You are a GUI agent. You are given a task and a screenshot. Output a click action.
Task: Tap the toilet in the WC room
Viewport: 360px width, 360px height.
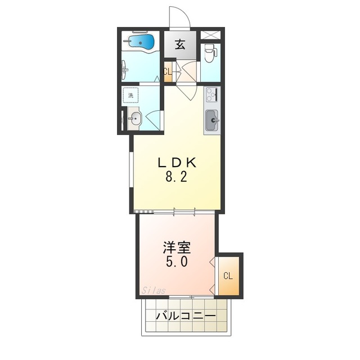210,53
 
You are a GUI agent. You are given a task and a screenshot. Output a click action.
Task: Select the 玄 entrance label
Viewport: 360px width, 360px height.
180,45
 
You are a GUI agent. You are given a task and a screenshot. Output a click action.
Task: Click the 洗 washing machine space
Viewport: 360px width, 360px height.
130,95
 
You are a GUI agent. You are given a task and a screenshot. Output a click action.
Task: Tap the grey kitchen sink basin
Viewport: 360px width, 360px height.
212,120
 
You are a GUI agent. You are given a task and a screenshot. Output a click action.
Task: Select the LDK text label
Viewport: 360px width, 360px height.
177,163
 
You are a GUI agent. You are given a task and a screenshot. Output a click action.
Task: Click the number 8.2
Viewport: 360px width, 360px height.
176,177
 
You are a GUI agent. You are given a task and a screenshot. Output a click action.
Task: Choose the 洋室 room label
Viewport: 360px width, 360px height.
177,247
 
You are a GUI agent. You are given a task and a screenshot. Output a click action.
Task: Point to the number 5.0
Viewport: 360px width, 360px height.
177,262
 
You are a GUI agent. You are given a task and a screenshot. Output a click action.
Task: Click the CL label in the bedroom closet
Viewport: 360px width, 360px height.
228,276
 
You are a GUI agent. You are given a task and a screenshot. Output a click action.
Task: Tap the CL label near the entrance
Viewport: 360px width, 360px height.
168,72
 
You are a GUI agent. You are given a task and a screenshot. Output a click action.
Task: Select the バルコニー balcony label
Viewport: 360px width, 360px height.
186,316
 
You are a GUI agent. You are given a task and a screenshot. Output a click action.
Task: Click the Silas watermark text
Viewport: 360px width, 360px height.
153,291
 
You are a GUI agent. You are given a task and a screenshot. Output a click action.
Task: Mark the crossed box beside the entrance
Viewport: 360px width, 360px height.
210,35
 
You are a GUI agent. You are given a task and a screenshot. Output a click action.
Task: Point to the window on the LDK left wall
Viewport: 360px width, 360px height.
132,170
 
